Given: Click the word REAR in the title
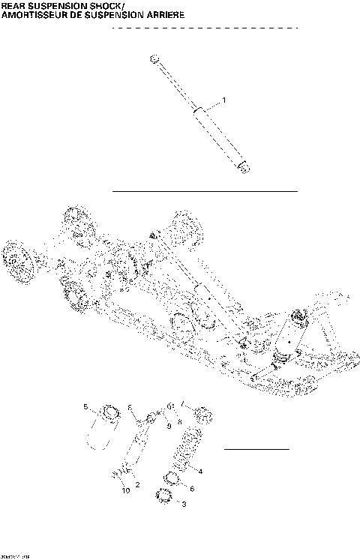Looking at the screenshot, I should (16, 5).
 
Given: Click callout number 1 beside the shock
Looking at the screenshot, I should (223, 100).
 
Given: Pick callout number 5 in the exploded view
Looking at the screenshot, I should (85, 407).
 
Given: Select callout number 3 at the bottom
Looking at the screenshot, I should (184, 505).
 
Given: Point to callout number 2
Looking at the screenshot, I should (138, 484).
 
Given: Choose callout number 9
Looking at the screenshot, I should (169, 426).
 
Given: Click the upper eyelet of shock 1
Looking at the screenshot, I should (154, 58).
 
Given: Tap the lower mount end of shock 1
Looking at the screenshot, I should (244, 166).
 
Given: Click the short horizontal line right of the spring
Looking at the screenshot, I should (257, 449).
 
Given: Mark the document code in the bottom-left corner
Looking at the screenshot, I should (11, 556).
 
